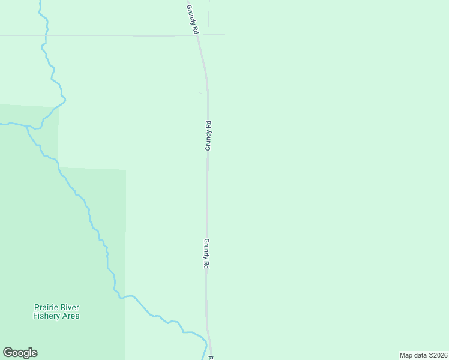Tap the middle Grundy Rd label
tap(208, 136)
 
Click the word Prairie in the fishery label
tap(46, 307)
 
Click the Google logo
tap(20, 353)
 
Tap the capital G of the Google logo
tap(8, 353)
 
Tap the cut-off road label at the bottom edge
tap(211, 358)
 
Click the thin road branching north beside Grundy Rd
tap(208, 17)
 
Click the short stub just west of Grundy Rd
tap(201, 93)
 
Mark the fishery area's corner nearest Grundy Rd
tap(125, 170)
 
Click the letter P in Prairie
tap(36, 307)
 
